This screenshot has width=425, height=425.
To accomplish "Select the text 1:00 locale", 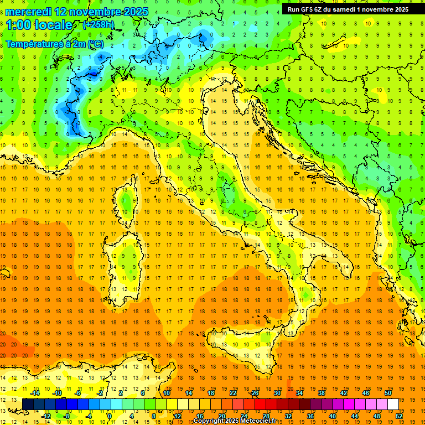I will tap(39, 25).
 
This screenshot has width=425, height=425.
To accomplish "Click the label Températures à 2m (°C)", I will tap(54, 44).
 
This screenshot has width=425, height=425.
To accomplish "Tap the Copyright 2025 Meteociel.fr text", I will tap(239, 421).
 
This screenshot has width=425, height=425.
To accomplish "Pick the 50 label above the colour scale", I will tap(387, 393).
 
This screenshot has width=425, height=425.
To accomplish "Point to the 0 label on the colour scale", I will tap(110, 416).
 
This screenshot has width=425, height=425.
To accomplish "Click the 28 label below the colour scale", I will tap(266, 416).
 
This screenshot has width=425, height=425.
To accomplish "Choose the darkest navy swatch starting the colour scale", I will tap(28, 405).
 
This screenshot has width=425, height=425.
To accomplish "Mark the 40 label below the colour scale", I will tap(333, 416).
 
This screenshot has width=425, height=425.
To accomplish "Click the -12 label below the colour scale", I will tap(46, 416).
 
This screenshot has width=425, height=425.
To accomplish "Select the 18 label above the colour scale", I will tap(211, 393).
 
